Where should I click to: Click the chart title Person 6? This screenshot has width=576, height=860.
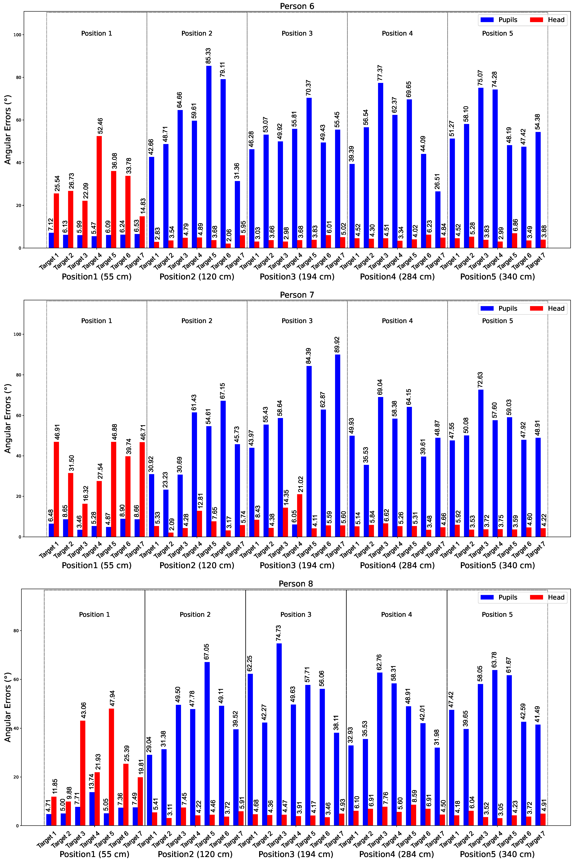(297, 6)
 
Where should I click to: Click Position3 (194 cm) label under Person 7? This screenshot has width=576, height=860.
(297, 565)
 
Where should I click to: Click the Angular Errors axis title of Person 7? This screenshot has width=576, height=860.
(8, 418)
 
